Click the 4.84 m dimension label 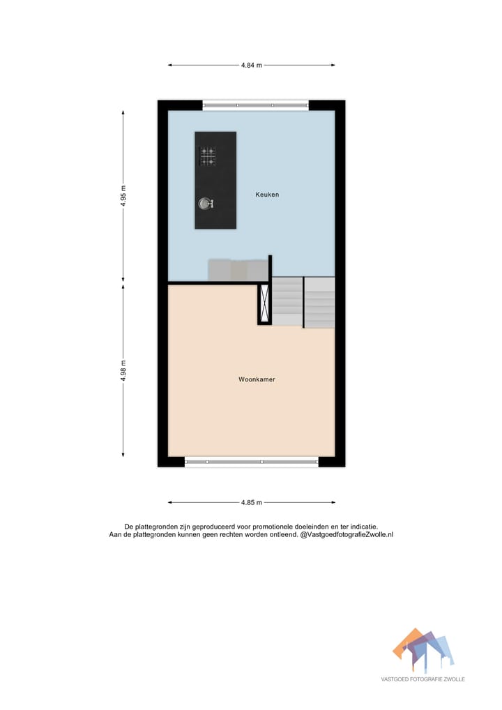click(251, 66)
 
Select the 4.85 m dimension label click(251, 502)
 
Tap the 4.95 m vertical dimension click(123, 196)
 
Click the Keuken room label click(266, 195)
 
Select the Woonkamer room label click(257, 380)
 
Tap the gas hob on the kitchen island click(208, 156)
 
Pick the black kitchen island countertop click(215, 180)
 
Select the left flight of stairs click(287, 301)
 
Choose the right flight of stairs click(320, 302)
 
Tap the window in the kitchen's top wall click(255, 105)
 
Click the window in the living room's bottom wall click(252, 461)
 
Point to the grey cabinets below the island click(237, 270)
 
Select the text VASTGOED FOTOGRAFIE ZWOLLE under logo click(423, 679)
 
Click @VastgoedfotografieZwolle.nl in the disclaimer click(347, 535)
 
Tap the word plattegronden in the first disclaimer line click(158, 527)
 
